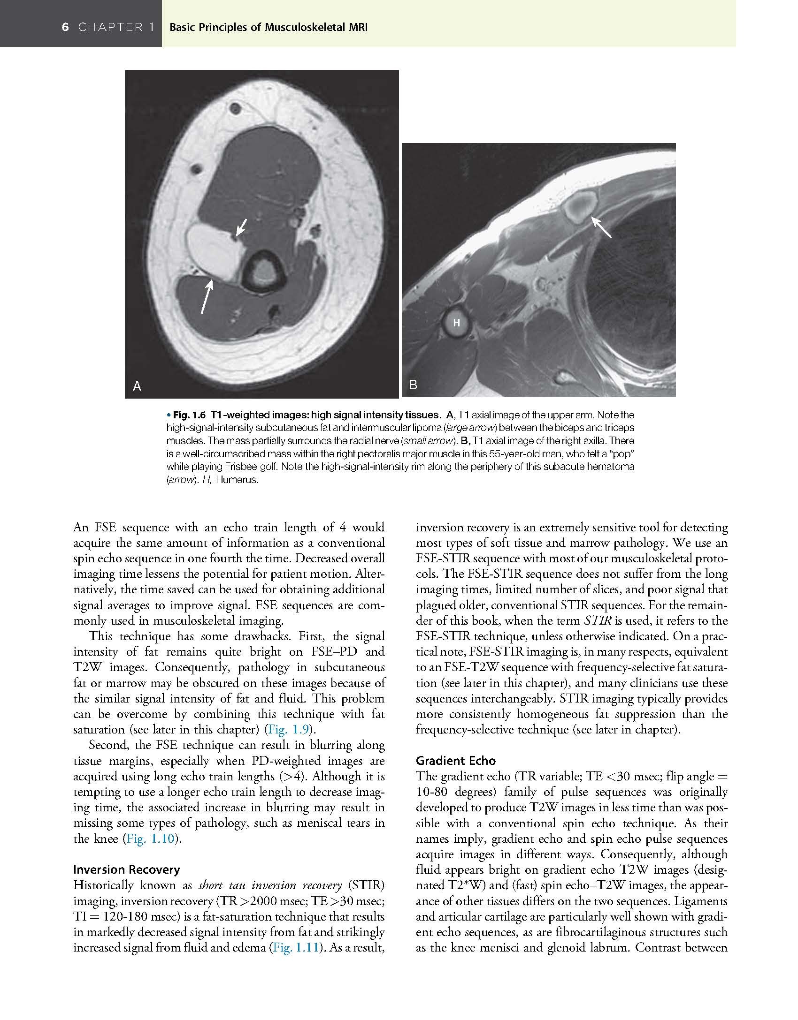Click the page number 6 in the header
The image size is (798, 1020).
(x=65, y=27)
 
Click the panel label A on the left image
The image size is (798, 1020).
(x=137, y=386)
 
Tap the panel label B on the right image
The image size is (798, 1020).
(x=413, y=385)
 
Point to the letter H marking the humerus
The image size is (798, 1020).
(x=456, y=323)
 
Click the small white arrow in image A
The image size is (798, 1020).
(x=241, y=228)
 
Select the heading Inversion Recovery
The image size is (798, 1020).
(x=126, y=870)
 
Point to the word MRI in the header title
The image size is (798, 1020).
(x=358, y=27)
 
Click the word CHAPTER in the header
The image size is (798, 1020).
(x=111, y=27)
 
